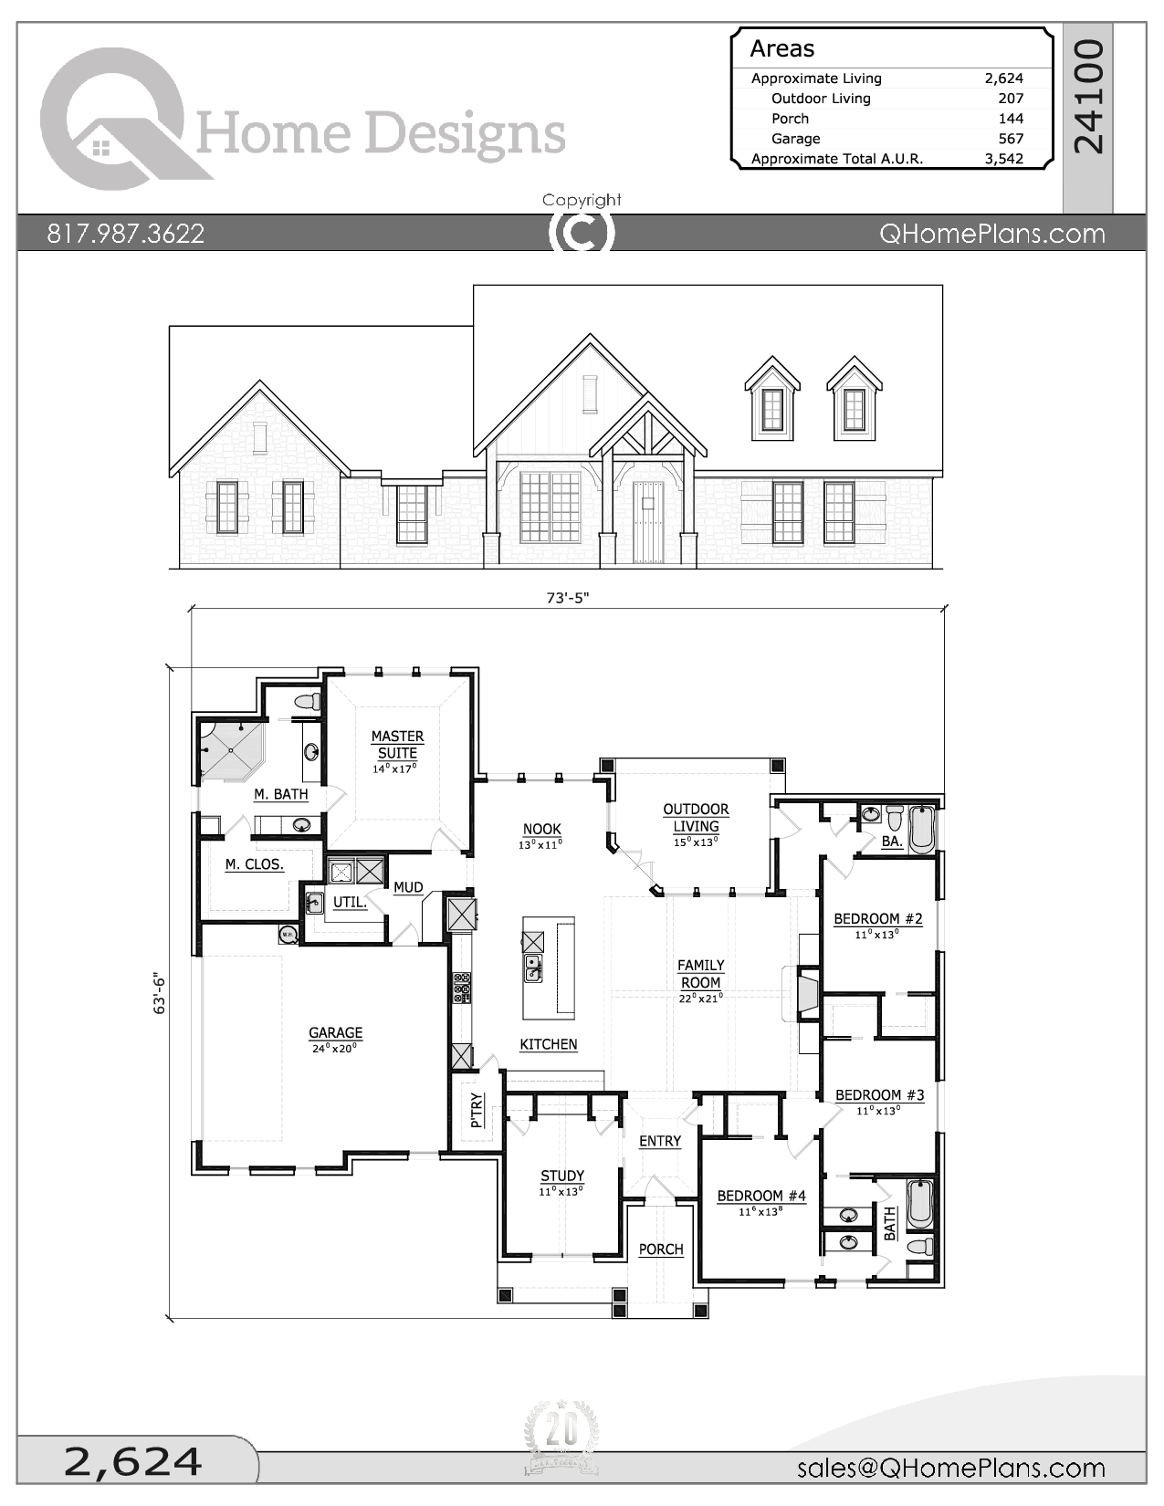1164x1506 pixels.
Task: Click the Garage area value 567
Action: (1010, 139)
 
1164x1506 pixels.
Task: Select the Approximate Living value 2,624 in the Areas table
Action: (1003, 78)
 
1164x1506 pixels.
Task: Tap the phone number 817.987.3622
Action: (126, 234)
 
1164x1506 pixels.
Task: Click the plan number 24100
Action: (1088, 96)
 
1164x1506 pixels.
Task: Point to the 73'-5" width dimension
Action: (568, 598)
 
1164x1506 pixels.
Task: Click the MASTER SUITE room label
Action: (397, 745)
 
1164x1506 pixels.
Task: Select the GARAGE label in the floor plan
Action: (335, 1033)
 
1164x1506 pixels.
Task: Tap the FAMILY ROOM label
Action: (700, 974)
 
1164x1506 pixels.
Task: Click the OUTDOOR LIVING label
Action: (696, 818)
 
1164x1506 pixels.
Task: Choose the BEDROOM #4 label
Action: (760, 1196)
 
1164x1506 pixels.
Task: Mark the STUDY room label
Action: (561, 1177)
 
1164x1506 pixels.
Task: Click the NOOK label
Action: (541, 830)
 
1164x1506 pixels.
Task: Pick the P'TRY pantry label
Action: (477, 1111)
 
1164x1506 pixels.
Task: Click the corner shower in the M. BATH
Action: (230, 750)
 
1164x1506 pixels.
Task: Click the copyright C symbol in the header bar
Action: (582, 234)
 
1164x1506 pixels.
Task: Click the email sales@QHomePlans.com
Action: (950, 1468)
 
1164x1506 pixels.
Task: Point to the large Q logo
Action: (114, 119)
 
